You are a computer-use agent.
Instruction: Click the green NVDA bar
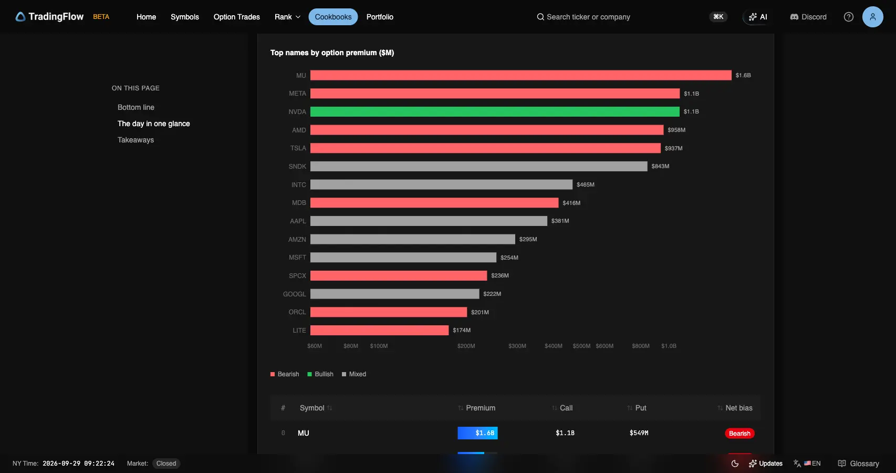(x=495, y=111)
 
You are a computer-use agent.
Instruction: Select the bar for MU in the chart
(x=521, y=75)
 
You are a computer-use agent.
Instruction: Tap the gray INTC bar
(x=441, y=184)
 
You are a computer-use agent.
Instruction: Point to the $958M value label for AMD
(x=676, y=130)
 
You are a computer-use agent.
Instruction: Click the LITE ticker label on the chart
(x=299, y=330)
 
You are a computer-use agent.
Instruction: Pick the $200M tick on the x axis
(x=466, y=346)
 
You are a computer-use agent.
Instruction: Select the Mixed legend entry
(x=354, y=374)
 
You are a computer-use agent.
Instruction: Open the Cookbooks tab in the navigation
(x=333, y=17)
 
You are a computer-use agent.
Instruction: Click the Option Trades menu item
(x=236, y=17)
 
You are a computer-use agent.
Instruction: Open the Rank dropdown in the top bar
(x=287, y=17)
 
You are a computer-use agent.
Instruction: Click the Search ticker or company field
(x=588, y=17)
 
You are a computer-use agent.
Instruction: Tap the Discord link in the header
(x=808, y=17)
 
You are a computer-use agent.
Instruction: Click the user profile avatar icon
(x=872, y=17)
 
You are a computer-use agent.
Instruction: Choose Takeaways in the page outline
(x=136, y=140)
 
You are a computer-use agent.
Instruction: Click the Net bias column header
(x=738, y=408)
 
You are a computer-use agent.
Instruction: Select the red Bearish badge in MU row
(x=739, y=434)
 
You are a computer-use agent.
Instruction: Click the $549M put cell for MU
(x=639, y=433)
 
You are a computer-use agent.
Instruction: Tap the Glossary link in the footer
(x=858, y=464)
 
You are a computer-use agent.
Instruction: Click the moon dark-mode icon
(x=735, y=464)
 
